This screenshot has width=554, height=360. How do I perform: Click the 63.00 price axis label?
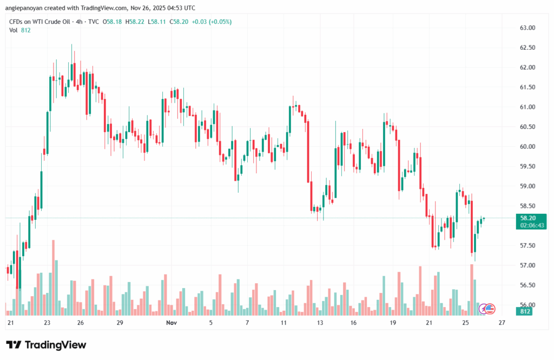(527, 28)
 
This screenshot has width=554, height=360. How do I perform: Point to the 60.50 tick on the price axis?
(527, 127)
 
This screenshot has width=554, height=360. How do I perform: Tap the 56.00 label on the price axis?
(527, 305)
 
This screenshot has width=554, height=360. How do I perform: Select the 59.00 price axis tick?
(527, 186)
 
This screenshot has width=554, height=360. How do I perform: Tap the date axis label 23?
(48, 323)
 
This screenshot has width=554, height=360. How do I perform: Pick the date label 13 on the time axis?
(320, 323)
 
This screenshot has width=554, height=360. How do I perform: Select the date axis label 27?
(502, 323)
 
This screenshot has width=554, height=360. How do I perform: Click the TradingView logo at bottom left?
(46, 345)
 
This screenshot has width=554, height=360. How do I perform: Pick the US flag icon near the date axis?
(490, 309)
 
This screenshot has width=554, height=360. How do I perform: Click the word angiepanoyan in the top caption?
(24, 8)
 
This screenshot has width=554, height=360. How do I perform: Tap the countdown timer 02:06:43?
(531, 225)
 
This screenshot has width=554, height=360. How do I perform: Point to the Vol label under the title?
(14, 30)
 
